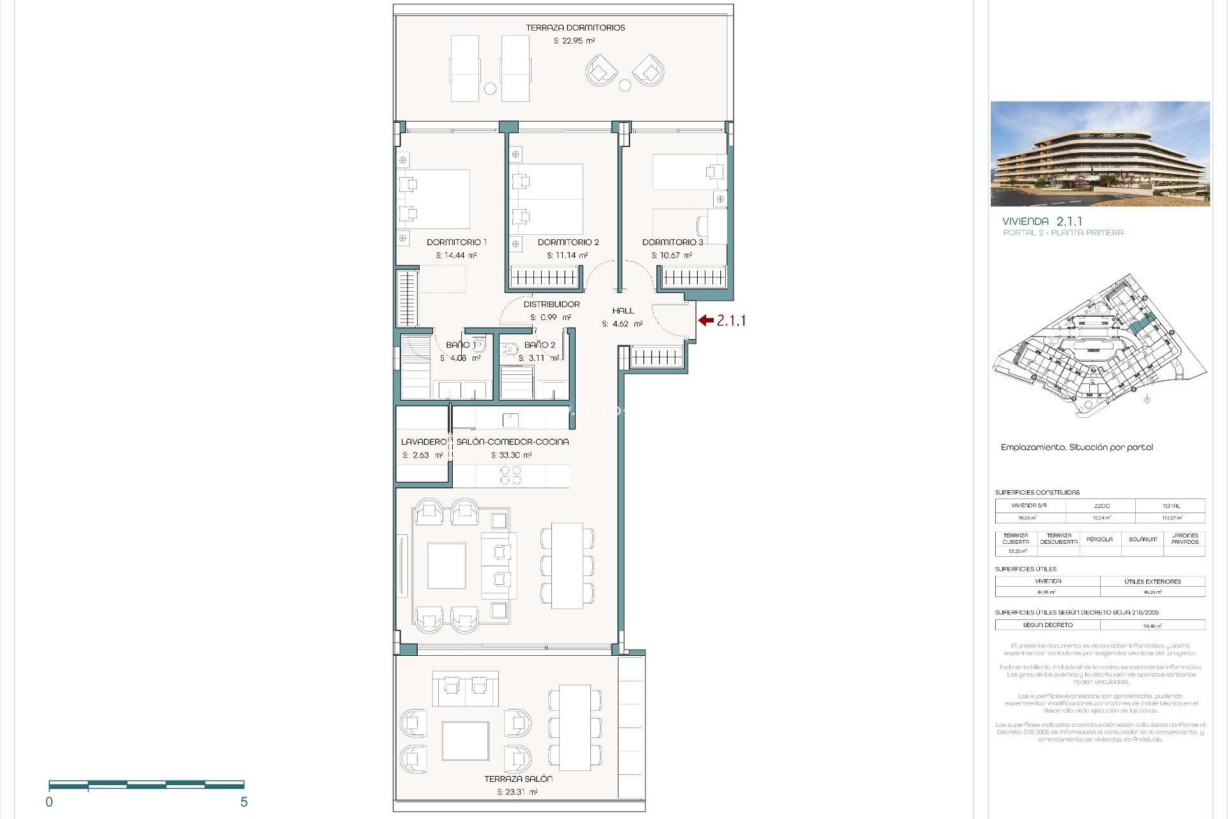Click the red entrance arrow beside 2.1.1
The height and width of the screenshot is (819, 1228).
705,321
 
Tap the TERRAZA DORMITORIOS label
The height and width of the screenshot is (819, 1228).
575,28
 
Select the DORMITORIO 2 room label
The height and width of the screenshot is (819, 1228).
568,243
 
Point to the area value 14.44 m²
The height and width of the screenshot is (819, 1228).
456,255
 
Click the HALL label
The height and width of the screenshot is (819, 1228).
622,311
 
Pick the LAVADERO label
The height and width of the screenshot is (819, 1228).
423,442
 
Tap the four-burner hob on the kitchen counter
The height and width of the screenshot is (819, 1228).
510,475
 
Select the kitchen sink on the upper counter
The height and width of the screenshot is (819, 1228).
510,420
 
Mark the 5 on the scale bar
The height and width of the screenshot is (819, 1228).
244,802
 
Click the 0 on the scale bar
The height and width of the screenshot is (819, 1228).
49,802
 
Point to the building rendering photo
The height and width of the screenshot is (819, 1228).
1099,154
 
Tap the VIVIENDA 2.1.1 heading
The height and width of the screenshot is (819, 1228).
1042,221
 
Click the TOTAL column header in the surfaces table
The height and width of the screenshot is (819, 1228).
1171,506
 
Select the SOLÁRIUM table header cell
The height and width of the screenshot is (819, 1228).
1142,539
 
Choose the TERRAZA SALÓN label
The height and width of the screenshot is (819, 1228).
518,779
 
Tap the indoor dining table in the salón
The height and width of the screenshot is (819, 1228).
567,566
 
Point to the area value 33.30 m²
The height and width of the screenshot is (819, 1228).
511,456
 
